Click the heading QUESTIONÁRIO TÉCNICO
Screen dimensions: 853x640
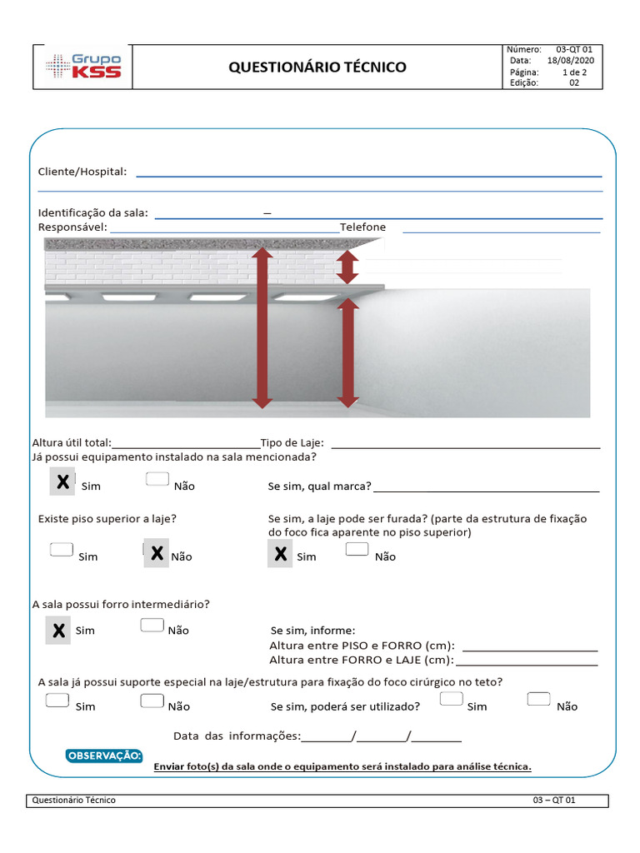(x=317, y=67)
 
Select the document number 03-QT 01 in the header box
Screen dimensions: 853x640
(x=574, y=50)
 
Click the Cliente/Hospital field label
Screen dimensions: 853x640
(x=82, y=172)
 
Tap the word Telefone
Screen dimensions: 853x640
(x=362, y=227)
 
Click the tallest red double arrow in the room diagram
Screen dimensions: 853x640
(x=262, y=326)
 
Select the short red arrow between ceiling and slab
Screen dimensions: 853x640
(x=347, y=267)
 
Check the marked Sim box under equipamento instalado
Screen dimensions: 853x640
(x=61, y=481)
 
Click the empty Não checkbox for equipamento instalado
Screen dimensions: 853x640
(x=157, y=479)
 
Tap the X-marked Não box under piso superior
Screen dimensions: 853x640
(x=156, y=553)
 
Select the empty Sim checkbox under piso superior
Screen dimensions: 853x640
(x=61, y=550)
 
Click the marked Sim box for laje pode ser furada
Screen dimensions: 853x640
(x=281, y=553)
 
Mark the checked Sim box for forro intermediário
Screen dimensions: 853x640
(x=58, y=631)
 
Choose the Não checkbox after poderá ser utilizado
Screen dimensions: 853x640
(x=539, y=700)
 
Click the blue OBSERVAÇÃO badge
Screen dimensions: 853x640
(x=104, y=756)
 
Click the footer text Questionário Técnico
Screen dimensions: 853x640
(x=73, y=800)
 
